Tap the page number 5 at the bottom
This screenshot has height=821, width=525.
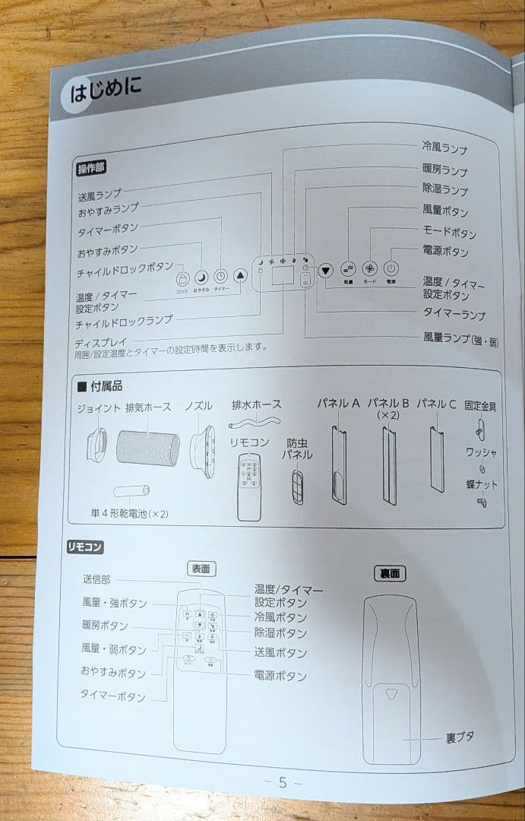283,782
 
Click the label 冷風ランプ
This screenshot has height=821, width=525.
444,148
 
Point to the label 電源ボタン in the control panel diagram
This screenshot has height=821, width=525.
445,251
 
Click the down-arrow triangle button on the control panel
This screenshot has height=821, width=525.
326,269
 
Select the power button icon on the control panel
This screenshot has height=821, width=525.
391,268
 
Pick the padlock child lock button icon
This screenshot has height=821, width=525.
182,279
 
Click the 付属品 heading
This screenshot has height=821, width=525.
106,386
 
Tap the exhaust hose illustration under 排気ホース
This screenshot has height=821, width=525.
148,449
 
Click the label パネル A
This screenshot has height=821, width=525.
337,404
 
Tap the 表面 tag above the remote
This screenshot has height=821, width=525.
201,568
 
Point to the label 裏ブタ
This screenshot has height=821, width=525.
459,737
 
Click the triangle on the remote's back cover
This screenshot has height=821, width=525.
392,694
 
